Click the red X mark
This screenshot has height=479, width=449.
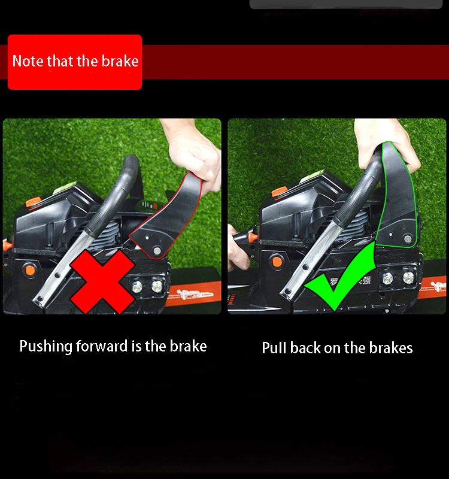(x=102, y=281)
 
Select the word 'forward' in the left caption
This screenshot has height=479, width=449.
(x=102, y=346)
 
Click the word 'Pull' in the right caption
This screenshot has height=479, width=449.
(x=274, y=348)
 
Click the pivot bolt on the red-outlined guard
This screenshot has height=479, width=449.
(x=157, y=251)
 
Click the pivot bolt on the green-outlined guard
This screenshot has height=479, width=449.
(x=408, y=238)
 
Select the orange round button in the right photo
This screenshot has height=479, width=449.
(x=277, y=262)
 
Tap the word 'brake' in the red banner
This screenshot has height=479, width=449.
(x=120, y=61)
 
